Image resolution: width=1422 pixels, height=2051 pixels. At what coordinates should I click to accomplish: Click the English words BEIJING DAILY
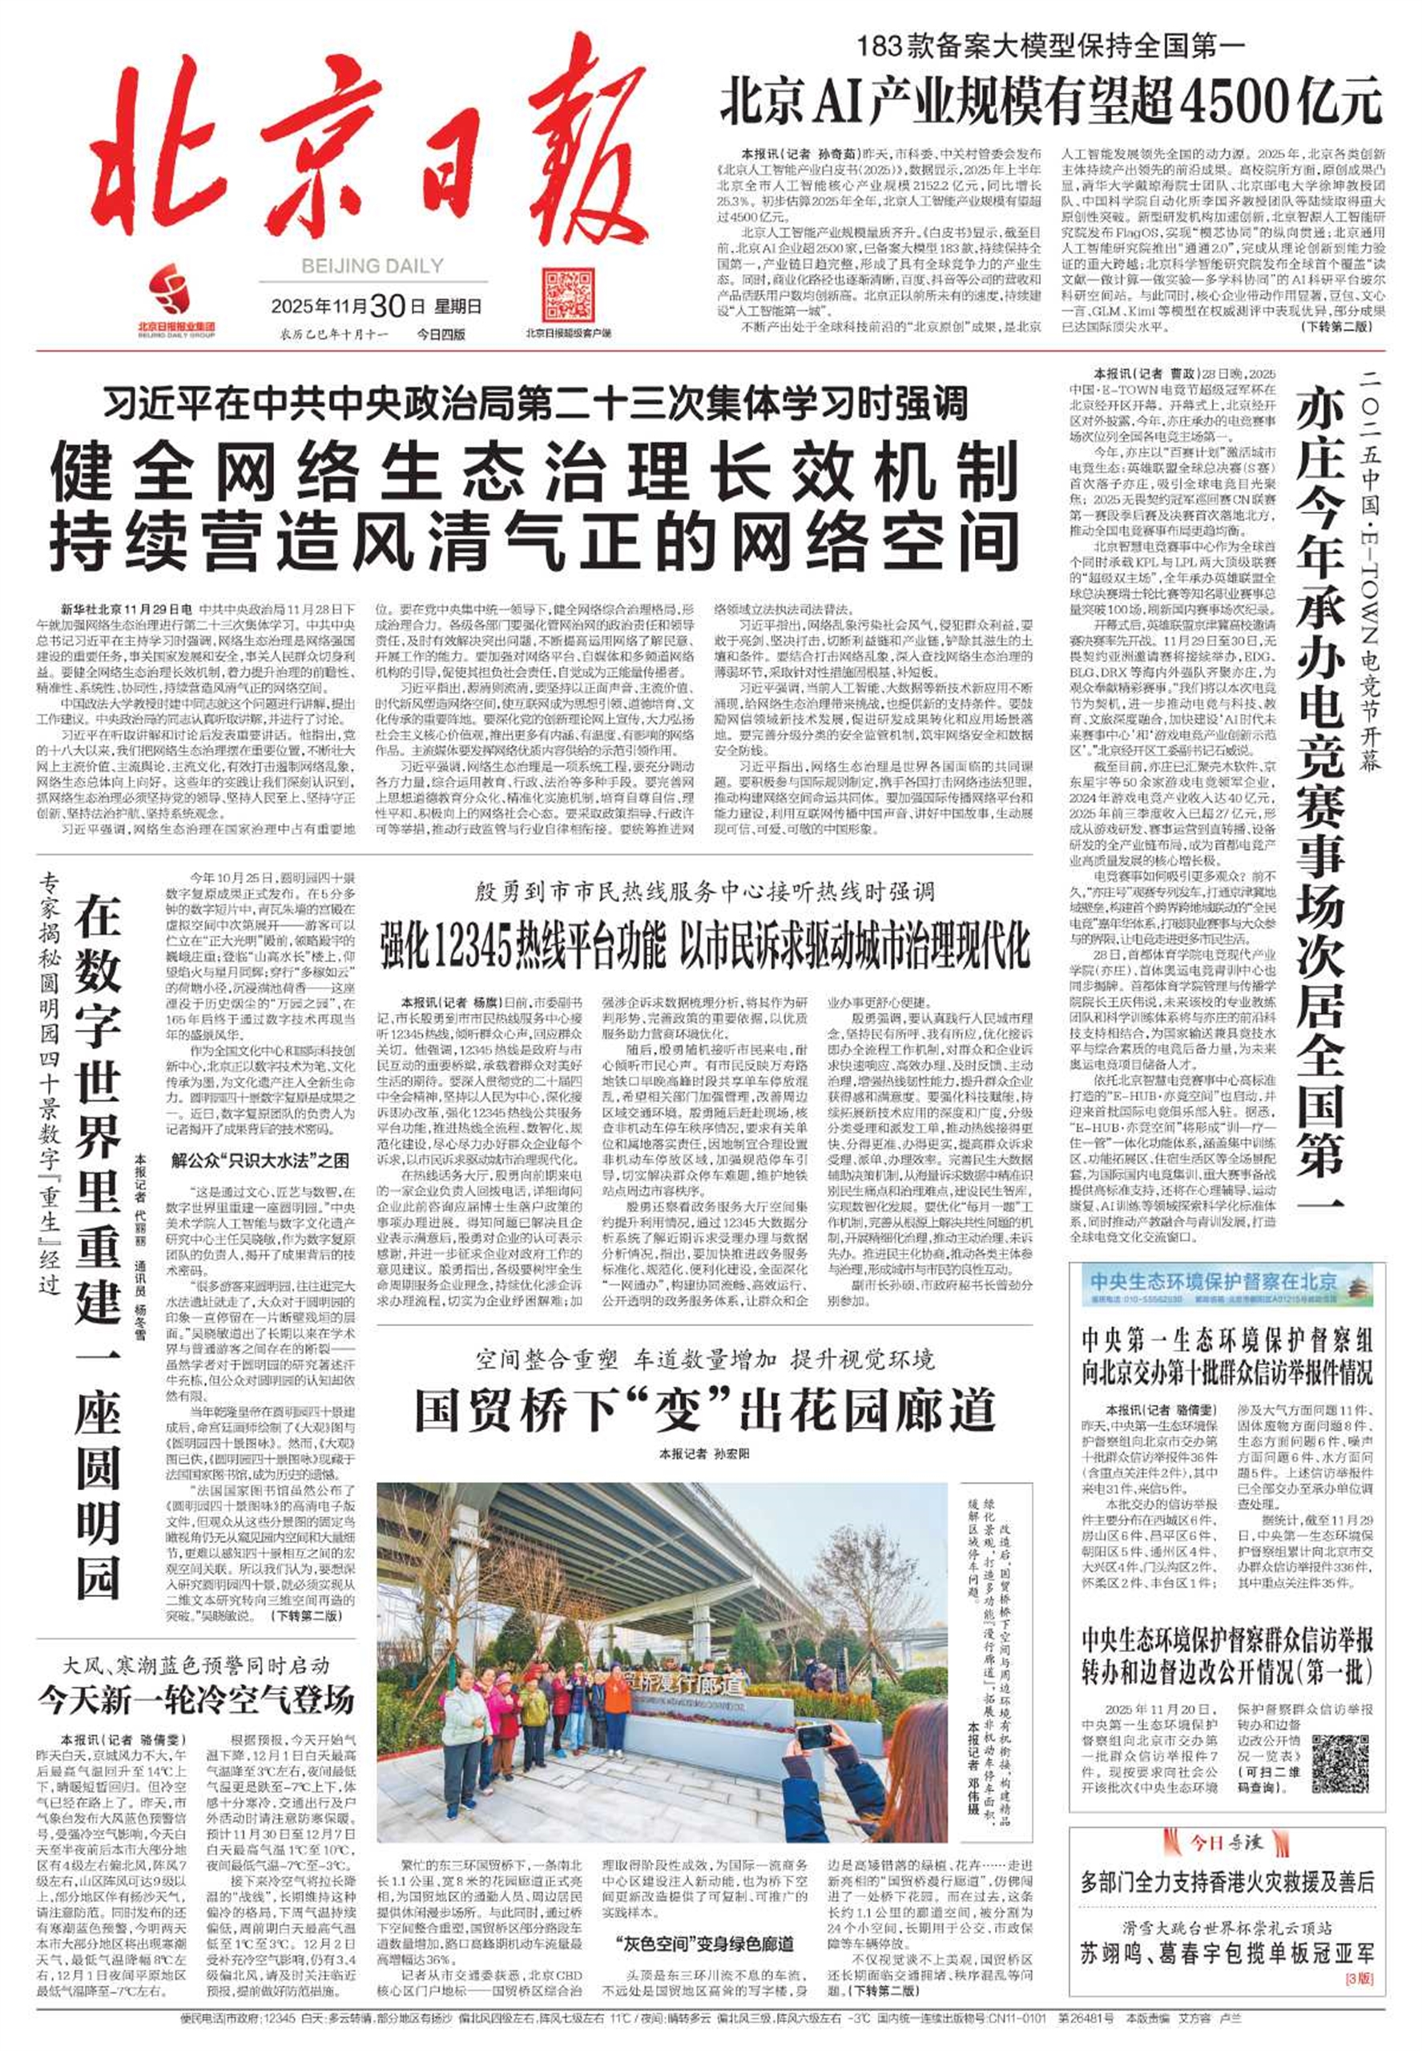click(x=372, y=265)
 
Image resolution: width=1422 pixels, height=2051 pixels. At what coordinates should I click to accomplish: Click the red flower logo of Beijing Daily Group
click(x=175, y=289)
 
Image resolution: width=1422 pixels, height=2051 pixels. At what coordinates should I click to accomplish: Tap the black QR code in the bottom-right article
click(x=1340, y=1739)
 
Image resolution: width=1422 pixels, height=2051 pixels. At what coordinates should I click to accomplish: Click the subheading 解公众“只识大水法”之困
click(x=260, y=1161)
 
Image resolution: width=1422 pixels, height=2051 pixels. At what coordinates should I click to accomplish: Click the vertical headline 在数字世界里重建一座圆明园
click(x=97, y=1247)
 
